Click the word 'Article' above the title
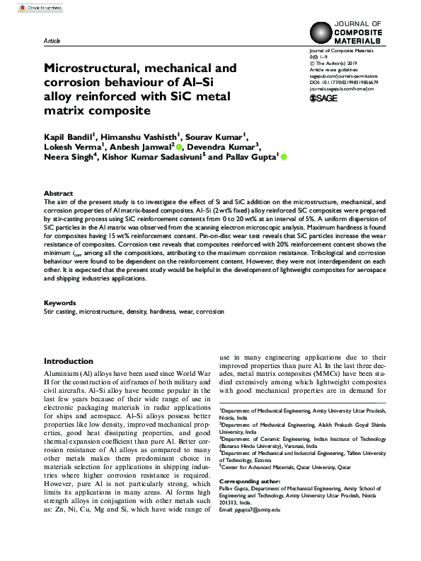click(x=52, y=41)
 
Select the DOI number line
click(x=344, y=81)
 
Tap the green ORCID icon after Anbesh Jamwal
click(x=179, y=147)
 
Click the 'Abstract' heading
click(x=58, y=193)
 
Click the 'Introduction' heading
click(x=69, y=361)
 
